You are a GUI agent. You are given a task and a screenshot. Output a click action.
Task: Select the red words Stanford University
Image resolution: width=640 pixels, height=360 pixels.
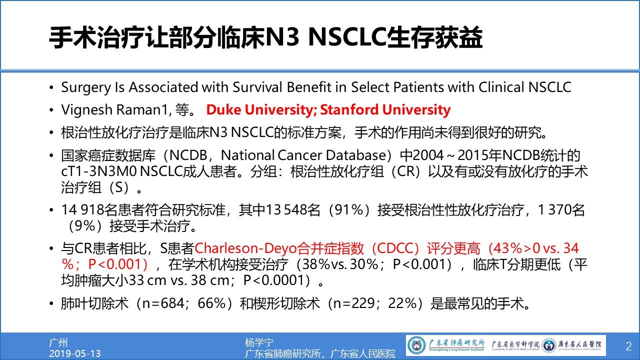[x=385, y=109]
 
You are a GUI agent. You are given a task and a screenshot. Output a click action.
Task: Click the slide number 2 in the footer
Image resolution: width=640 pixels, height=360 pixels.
[x=628, y=346]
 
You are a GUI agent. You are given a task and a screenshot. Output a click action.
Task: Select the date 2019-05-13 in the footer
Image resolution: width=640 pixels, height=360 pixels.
[x=75, y=353]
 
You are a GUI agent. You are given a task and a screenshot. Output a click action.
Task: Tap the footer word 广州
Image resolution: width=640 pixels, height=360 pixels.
[x=58, y=342]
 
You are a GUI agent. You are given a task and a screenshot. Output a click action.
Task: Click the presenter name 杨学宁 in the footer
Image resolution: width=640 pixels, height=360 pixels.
[x=259, y=342]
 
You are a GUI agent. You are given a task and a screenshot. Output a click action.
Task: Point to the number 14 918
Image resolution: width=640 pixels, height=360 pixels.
[x=82, y=210]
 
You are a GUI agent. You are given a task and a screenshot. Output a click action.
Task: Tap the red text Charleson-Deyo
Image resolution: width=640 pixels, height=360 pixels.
[x=245, y=248]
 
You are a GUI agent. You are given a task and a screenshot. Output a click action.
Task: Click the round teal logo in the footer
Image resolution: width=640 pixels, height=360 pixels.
[x=416, y=345]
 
